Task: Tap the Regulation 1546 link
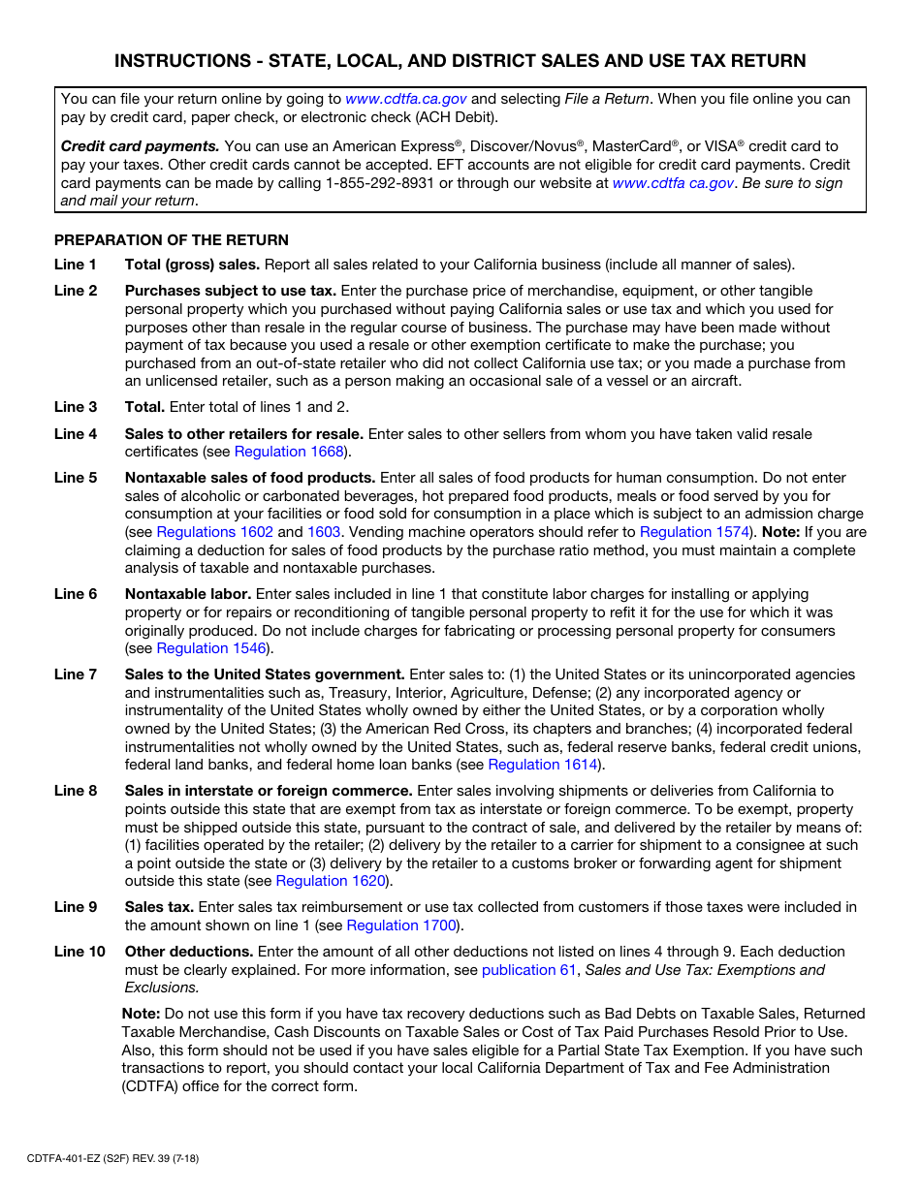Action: pyautogui.click(x=211, y=648)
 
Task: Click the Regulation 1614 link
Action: pyautogui.click(x=543, y=765)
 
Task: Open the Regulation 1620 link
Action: pyautogui.click(x=331, y=881)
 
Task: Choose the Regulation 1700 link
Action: pyautogui.click(x=401, y=925)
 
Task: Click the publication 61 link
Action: pyautogui.click(x=528, y=970)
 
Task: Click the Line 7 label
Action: pyautogui.click(x=76, y=674)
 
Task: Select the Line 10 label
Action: pyautogui.click(x=79, y=952)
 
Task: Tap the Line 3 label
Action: pyautogui.click(x=76, y=407)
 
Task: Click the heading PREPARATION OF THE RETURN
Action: pyautogui.click(x=172, y=240)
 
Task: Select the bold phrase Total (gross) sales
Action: pyautogui.click(x=192, y=265)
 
